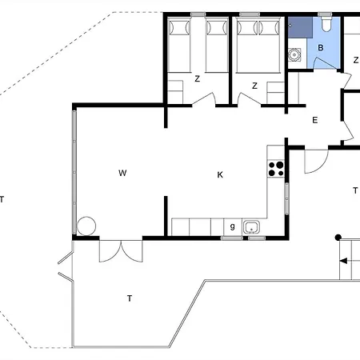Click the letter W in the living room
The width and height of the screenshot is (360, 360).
(122, 173)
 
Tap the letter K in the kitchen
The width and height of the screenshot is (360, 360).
(220, 174)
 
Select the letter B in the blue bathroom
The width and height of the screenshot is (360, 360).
(321, 48)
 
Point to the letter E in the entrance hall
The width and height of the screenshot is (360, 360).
(315, 120)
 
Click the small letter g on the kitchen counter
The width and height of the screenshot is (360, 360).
(233, 226)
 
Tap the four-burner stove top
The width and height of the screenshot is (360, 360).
(276, 169)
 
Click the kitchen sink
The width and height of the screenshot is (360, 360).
(251, 227)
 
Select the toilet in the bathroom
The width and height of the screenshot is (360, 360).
(326, 24)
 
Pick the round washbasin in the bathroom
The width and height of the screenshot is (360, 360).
(294, 54)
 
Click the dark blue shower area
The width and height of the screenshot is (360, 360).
(300, 27)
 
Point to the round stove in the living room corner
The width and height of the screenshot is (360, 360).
(86, 226)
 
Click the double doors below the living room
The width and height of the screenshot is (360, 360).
(121, 251)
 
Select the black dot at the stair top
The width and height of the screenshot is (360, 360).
(338, 238)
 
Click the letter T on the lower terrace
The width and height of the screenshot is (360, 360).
(130, 298)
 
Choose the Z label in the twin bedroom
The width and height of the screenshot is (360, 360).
(198, 78)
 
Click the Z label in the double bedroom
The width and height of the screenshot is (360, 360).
(254, 86)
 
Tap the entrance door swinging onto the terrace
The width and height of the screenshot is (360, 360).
(316, 162)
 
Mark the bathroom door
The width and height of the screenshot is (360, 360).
(326, 63)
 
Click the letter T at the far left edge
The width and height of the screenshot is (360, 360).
(2, 199)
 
